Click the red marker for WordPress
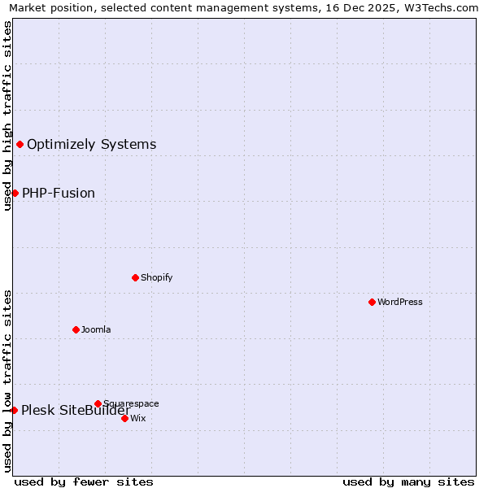(372, 302)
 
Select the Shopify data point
(135, 277)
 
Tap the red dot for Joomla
(76, 329)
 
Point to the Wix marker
(124, 418)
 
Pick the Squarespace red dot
(98, 403)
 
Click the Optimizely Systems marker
(20, 145)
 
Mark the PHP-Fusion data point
(15, 193)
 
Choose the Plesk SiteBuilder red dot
(14, 410)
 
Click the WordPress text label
(400, 302)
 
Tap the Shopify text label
(157, 277)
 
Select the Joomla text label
(96, 329)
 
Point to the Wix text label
(138, 418)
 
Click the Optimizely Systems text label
(92, 145)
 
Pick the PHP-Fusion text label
(59, 193)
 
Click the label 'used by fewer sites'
(84, 481)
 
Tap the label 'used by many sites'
(408, 481)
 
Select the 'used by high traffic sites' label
(7, 115)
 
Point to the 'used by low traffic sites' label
(7, 381)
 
